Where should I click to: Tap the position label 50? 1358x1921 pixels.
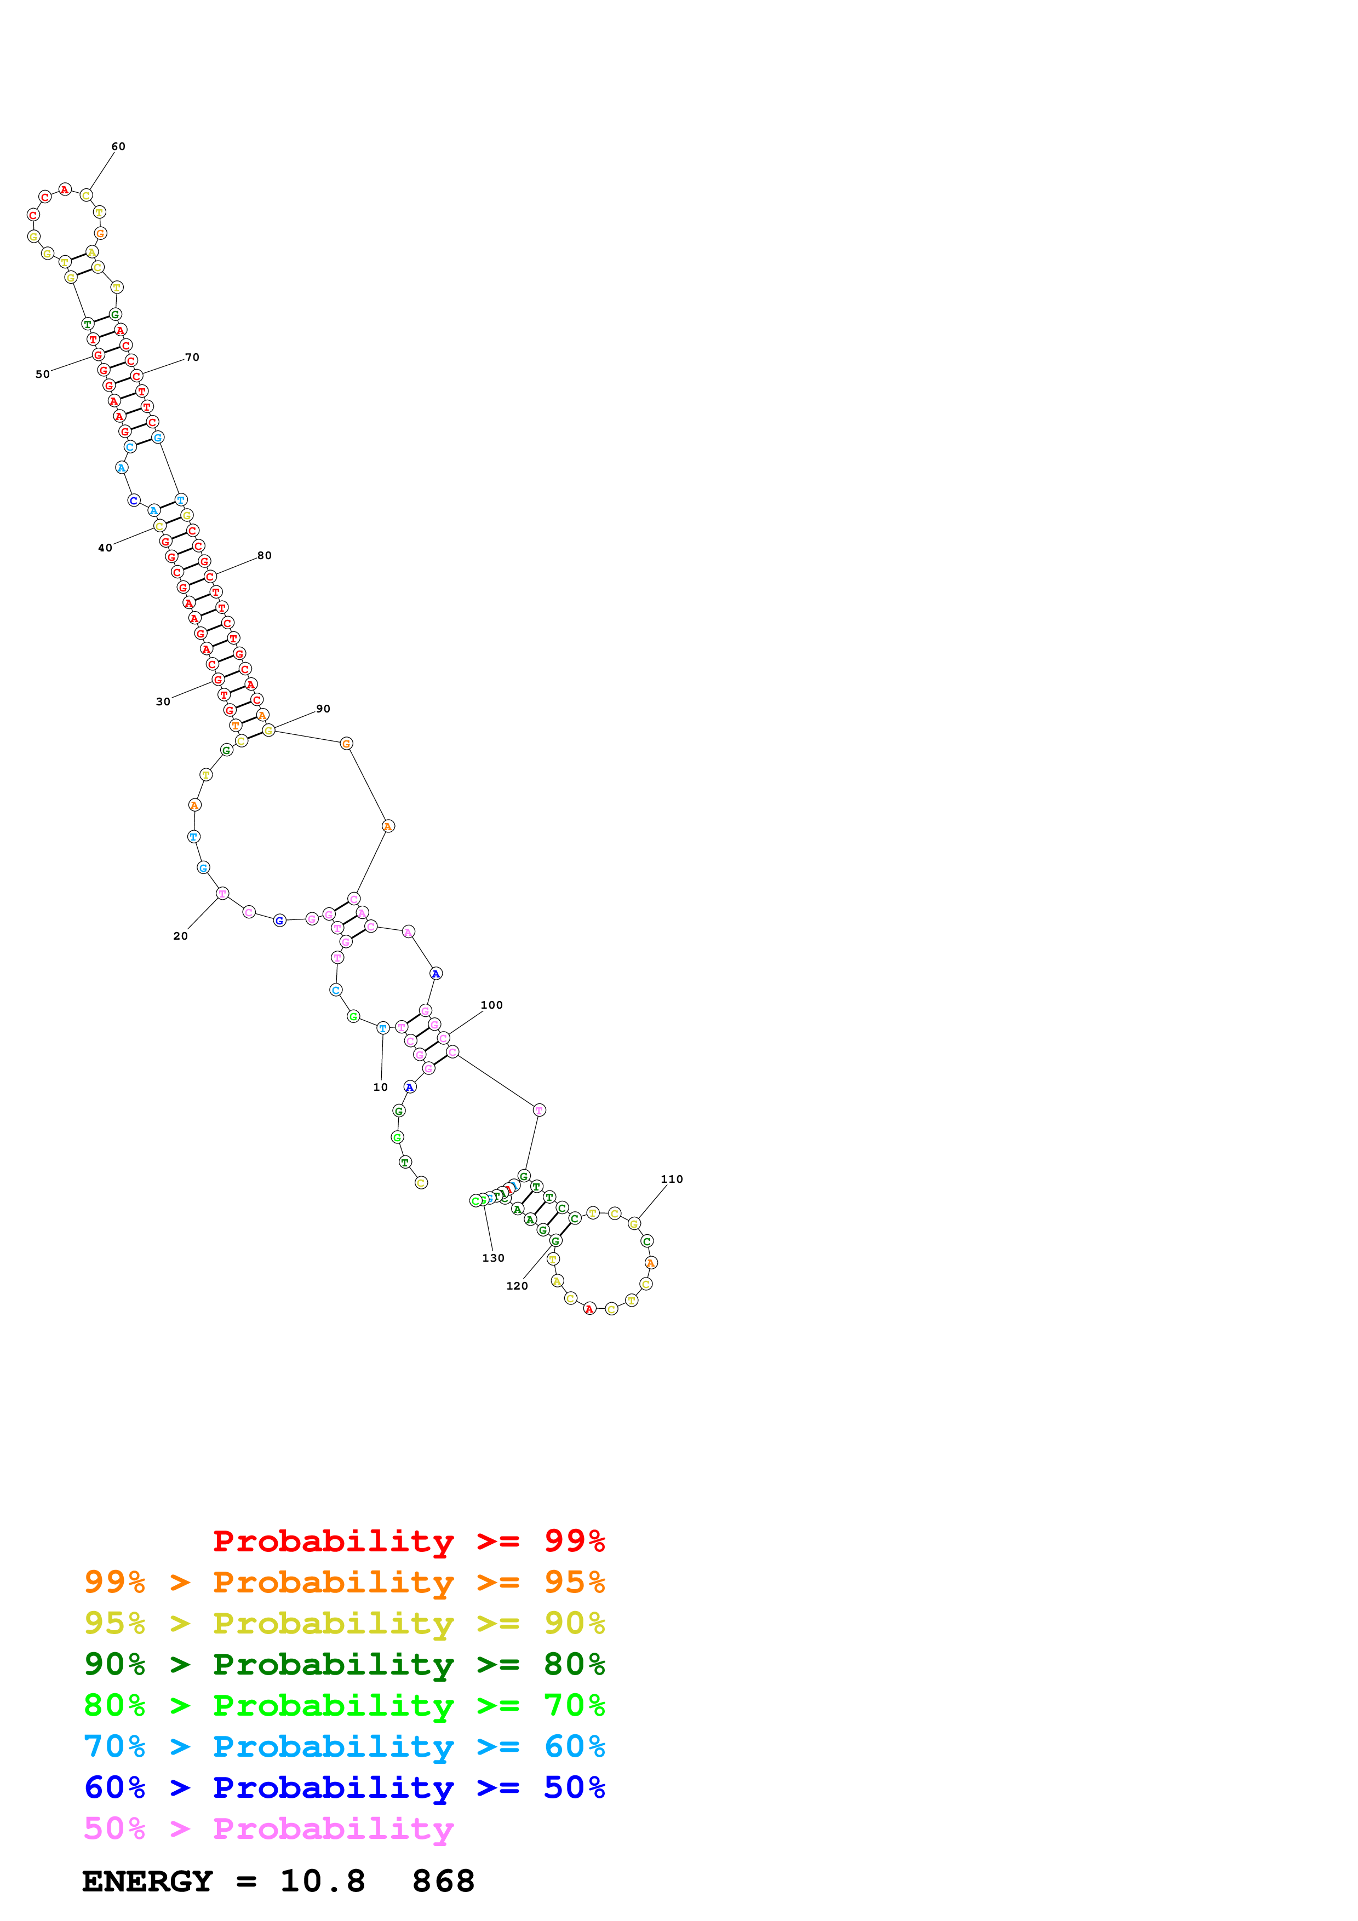point(43,374)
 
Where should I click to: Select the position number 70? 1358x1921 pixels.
point(192,357)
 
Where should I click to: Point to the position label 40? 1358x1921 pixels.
point(105,548)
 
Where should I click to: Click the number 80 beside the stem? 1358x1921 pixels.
point(265,556)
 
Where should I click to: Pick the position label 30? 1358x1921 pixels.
point(163,702)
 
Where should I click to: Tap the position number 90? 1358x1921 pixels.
point(323,709)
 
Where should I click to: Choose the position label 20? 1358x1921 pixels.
point(180,936)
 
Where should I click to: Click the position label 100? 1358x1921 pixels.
point(491,1005)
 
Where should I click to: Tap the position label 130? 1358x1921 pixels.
point(493,1257)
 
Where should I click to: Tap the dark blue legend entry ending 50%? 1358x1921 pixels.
point(344,1787)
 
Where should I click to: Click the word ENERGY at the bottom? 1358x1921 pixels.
point(147,1882)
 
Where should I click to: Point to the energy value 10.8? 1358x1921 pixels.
point(322,1882)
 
